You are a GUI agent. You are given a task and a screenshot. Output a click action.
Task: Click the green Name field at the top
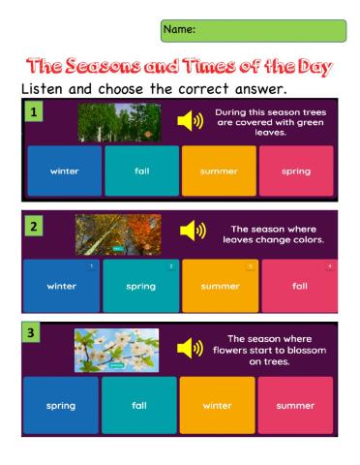[x=254, y=30]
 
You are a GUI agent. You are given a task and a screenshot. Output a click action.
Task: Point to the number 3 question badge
[x=34, y=334]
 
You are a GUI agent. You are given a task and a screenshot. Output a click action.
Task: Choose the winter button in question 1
[x=61, y=171]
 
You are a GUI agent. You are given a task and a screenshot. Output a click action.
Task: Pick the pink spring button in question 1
[x=296, y=171]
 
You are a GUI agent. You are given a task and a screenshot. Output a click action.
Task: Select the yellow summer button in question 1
[x=218, y=171]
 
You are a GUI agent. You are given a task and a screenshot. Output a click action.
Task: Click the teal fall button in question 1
[x=139, y=171]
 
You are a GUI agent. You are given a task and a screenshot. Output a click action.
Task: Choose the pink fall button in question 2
[x=296, y=286]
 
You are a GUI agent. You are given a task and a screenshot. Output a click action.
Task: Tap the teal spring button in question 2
[x=139, y=286]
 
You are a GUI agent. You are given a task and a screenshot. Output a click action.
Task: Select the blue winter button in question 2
[x=61, y=286]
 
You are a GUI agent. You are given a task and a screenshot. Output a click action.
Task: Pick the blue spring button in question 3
[x=60, y=405]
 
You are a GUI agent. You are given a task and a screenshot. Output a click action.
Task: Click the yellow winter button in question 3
[x=218, y=405]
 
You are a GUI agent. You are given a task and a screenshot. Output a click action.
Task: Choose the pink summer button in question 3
[x=296, y=405]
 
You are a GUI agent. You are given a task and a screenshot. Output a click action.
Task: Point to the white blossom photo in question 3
[x=116, y=350]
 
